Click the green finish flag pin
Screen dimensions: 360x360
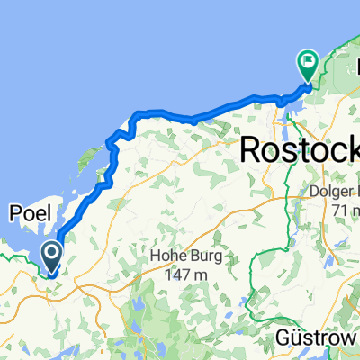coord(308,65)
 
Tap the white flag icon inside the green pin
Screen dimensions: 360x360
coord(308,62)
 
